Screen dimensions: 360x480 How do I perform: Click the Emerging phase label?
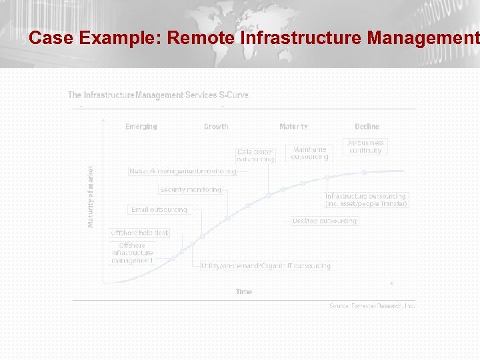pyautogui.click(x=141, y=127)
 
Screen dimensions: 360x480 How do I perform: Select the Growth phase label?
pyautogui.click(x=216, y=127)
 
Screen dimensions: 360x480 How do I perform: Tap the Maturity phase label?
pyautogui.click(x=293, y=127)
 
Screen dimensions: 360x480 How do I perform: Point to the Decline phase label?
pyautogui.click(x=367, y=127)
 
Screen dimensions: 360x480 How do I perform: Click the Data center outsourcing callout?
pyautogui.click(x=255, y=155)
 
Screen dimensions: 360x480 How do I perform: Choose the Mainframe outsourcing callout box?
pyautogui.click(x=309, y=153)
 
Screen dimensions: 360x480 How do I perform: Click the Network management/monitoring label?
pyautogui.click(x=183, y=171)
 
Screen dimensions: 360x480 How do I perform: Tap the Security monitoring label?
pyautogui.click(x=191, y=190)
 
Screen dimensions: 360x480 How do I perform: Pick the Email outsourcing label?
pyautogui.click(x=159, y=209)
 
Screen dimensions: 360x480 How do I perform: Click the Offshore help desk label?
pyautogui.click(x=140, y=233)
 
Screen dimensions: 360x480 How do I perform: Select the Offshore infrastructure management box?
pyautogui.click(x=132, y=253)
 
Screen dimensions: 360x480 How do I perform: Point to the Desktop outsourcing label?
pyautogui.click(x=325, y=221)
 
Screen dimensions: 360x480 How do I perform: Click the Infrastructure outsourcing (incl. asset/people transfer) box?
pyautogui.click(x=366, y=200)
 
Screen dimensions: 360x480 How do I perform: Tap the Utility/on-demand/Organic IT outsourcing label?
pyautogui.click(x=266, y=265)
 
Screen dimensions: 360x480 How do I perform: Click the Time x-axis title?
pyautogui.click(x=244, y=291)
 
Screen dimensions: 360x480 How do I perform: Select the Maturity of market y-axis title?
pyautogui.click(x=91, y=197)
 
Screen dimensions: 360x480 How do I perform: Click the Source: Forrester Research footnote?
pyautogui.click(x=371, y=305)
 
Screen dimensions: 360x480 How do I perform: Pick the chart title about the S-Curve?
pyautogui.click(x=158, y=95)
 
